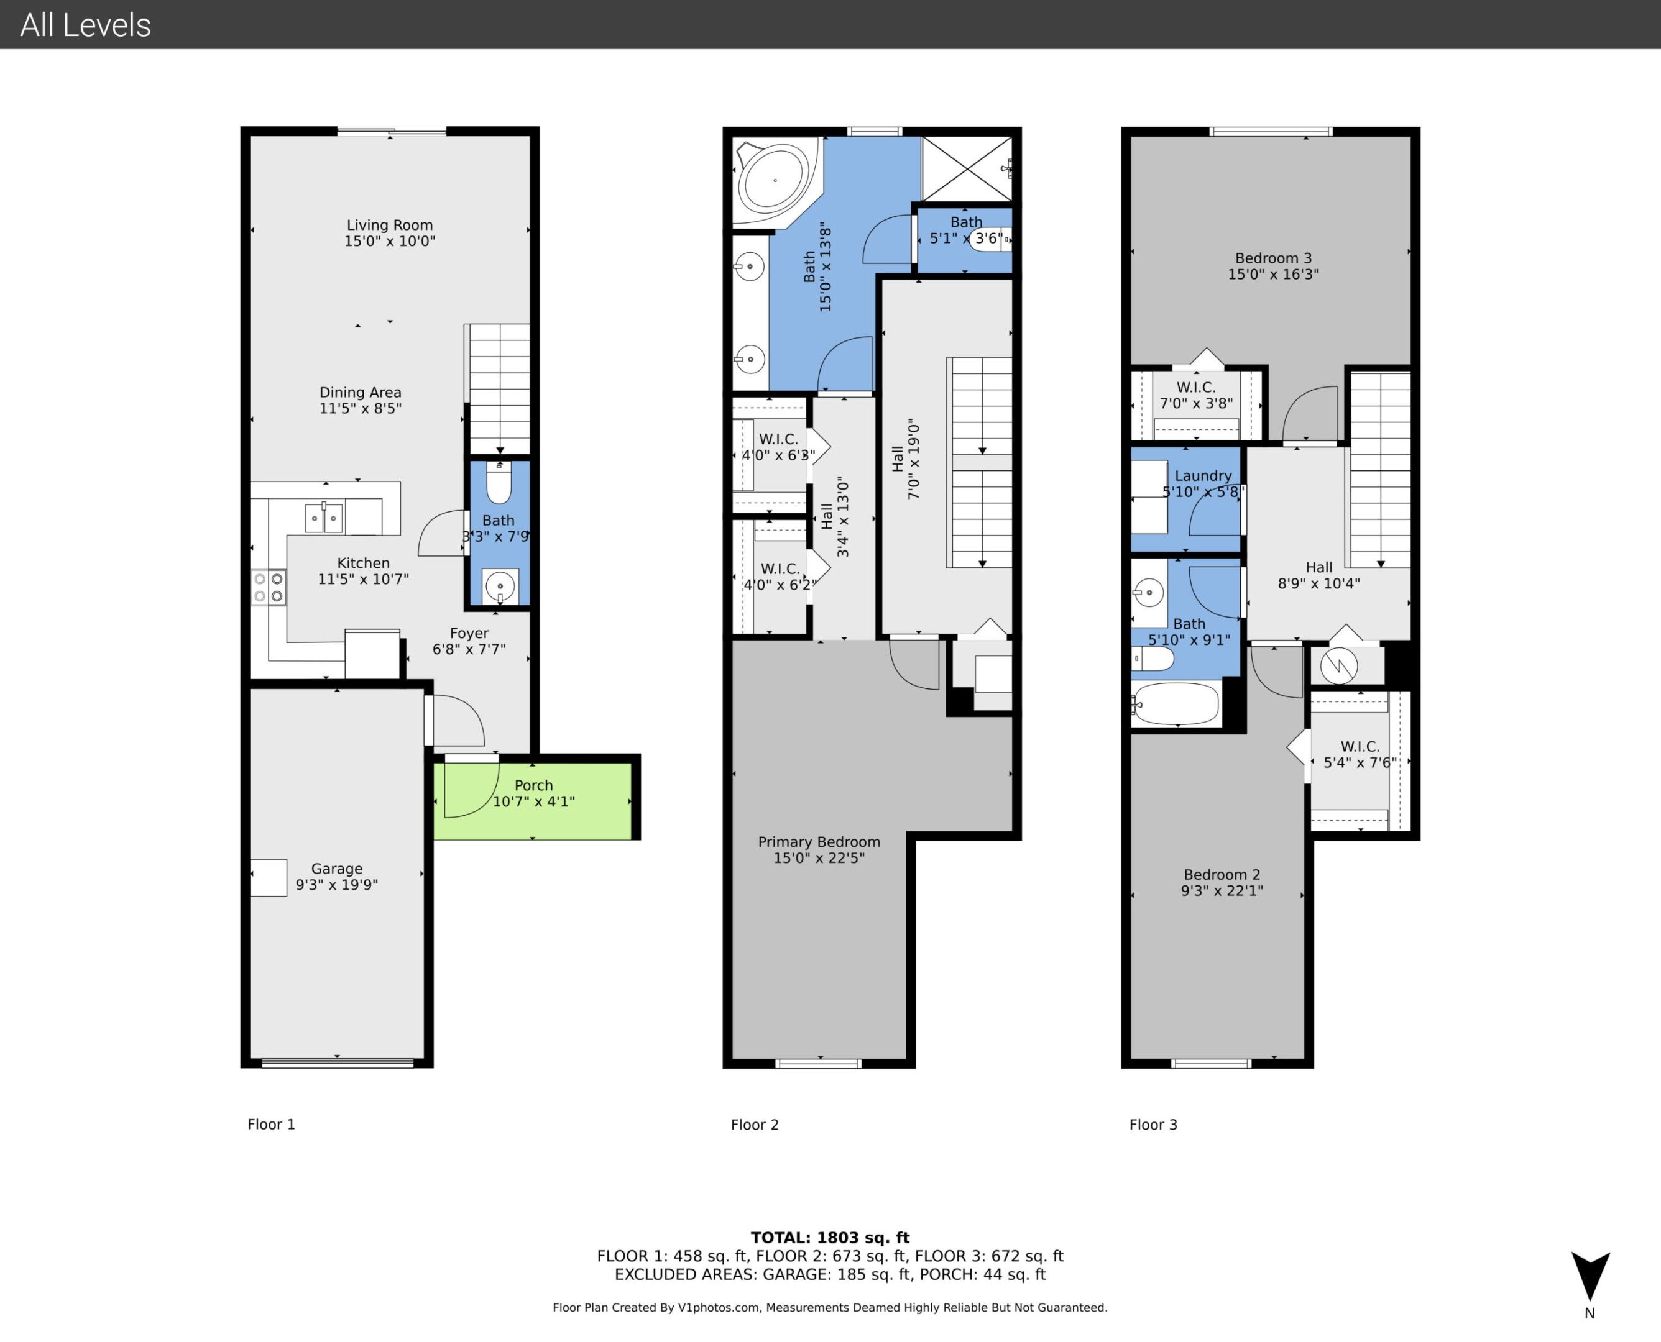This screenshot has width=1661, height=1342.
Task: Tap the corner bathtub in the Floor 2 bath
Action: (x=774, y=180)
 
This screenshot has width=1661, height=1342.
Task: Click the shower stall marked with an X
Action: (x=967, y=168)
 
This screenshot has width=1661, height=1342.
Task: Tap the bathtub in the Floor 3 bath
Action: (x=1176, y=703)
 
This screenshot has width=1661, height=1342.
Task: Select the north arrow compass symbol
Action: (x=1590, y=1277)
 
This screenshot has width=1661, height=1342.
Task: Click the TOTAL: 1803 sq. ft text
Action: (x=830, y=1237)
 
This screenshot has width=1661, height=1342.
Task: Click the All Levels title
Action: (x=85, y=25)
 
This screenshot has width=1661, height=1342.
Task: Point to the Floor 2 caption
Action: (x=754, y=1124)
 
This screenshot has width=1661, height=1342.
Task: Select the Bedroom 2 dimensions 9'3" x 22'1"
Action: (x=1221, y=890)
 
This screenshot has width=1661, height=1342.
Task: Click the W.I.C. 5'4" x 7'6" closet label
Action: (x=1360, y=754)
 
